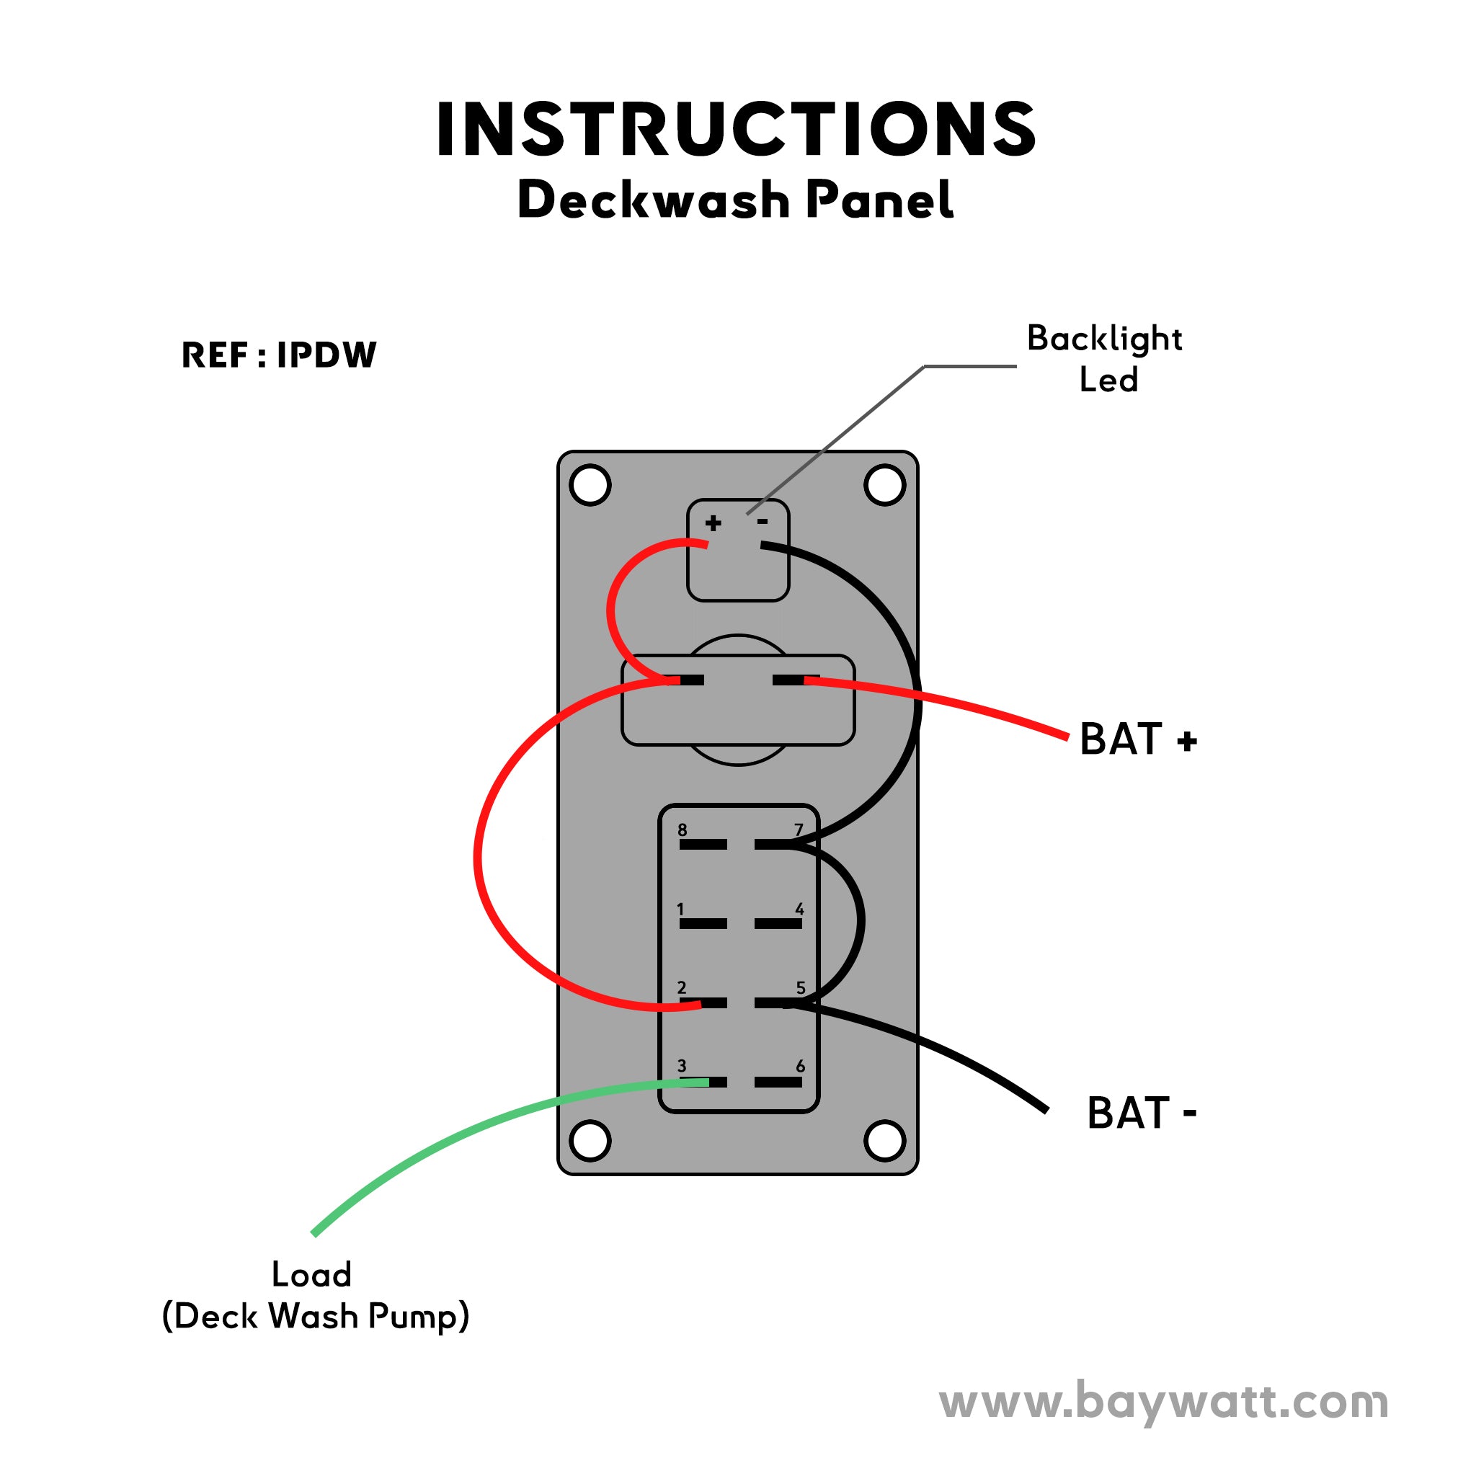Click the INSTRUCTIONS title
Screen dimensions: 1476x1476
tap(737, 130)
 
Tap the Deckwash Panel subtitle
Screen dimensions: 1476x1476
tap(735, 200)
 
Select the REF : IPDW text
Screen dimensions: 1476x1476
tap(279, 355)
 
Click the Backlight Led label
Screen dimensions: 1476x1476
tap(1105, 359)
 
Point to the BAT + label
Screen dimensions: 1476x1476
tap(1137, 739)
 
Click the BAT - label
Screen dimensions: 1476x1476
tap(1140, 1113)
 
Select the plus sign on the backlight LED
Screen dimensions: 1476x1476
tap(713, 523)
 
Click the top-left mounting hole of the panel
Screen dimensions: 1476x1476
tap(590, 484)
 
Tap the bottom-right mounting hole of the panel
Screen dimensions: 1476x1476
tap(885, 1141)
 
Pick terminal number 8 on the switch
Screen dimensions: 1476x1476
tap(703, 844)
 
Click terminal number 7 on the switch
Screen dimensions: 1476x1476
tap(778, 844)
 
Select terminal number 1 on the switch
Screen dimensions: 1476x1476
tap(703, 924)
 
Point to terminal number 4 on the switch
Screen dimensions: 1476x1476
tap(778, 924)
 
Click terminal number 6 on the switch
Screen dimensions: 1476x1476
tap(778, 1082)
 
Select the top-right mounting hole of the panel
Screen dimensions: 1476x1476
tap(885, 484)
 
